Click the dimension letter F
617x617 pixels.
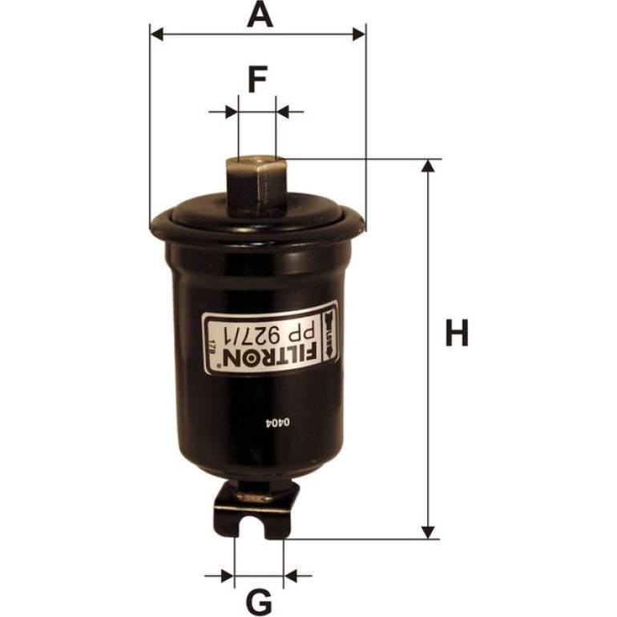[x=258, y=79]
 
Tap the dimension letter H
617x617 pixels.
[x=457, y=333]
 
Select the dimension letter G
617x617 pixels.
[x=259, y=603]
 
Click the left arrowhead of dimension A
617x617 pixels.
[x=156, y=34]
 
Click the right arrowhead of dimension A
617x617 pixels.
[x=359, y=34]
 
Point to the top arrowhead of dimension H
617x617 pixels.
[x=428, y=166]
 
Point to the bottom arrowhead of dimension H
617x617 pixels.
[x=428, y=532]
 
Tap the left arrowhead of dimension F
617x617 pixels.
[x=232, y=111]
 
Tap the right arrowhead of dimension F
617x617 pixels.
[x=283, y=111]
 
